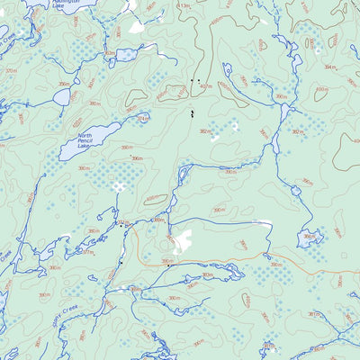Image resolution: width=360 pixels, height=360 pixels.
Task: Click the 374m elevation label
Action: tap(142, 117)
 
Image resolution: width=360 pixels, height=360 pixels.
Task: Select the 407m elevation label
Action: tap(206, 86)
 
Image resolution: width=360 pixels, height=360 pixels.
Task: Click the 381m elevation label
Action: tap(314, 314)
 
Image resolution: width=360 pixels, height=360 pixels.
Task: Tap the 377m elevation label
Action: tap(87, 253)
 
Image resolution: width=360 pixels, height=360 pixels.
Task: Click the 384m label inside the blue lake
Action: tap(309, 238)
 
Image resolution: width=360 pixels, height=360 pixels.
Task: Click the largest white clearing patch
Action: tap(183, 240)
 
